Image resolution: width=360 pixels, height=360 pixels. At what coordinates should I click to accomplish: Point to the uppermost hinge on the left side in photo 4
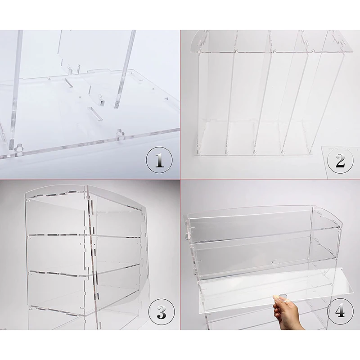pyautogui.click(x=187, y=233)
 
